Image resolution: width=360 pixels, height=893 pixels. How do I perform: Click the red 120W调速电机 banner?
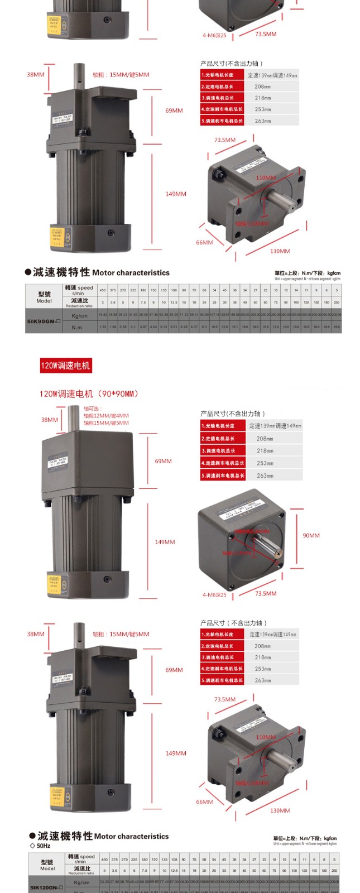tap(65, 366)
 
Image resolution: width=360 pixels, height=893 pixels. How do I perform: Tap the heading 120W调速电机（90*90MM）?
tap(89, 393)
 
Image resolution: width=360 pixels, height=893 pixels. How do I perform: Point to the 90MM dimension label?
tap(311, 535)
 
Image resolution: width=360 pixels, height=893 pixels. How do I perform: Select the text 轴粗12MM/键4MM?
tap(106, 416)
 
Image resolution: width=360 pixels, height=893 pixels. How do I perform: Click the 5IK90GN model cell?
tap(44, 321)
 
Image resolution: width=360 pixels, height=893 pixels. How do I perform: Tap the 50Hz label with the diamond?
tap(40, 846)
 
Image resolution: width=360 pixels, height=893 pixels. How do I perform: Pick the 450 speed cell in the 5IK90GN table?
tap(103, 290)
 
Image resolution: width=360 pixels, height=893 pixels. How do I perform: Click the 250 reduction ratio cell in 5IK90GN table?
tap(337, 303)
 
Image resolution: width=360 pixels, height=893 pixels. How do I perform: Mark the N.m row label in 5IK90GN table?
tap(76, 328)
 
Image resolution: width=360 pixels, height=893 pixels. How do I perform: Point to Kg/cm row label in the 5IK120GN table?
tap(81, 882)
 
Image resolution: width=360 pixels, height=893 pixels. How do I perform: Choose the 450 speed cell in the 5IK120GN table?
tap(104, 860)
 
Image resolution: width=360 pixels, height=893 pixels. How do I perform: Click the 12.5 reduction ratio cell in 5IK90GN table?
tap(174, 303)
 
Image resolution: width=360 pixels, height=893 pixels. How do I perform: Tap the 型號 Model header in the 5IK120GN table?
tap(47, 865)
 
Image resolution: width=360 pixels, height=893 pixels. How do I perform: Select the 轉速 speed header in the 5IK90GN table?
tap(79, 290)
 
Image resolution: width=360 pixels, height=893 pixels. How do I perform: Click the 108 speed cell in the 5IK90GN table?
tap(174, 290)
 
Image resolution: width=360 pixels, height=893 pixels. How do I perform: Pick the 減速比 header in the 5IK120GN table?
tap(81, 871)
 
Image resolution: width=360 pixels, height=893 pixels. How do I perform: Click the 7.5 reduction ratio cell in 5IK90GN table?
tap(143, 303)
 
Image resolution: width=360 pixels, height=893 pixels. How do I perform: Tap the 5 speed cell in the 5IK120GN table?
tap(334, 860)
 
